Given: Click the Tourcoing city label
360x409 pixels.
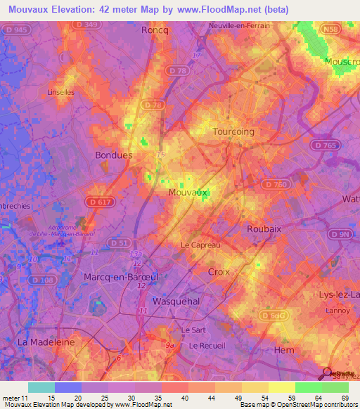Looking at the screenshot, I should tap(233, 131).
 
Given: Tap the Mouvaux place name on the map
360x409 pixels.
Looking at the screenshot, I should tap(188, 191).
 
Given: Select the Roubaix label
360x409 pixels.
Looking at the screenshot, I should tap(264, 228).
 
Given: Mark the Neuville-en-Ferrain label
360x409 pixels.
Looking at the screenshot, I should tap(240, 26).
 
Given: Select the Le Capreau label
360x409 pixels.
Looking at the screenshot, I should tap(201, 245).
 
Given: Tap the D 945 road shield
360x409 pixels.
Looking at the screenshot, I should tap(20, 29).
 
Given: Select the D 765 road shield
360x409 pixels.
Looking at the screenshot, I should tap(321, 144).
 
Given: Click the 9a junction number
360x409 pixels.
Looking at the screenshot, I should tap(169, 345).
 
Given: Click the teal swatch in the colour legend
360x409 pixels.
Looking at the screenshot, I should tap(41, 387).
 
